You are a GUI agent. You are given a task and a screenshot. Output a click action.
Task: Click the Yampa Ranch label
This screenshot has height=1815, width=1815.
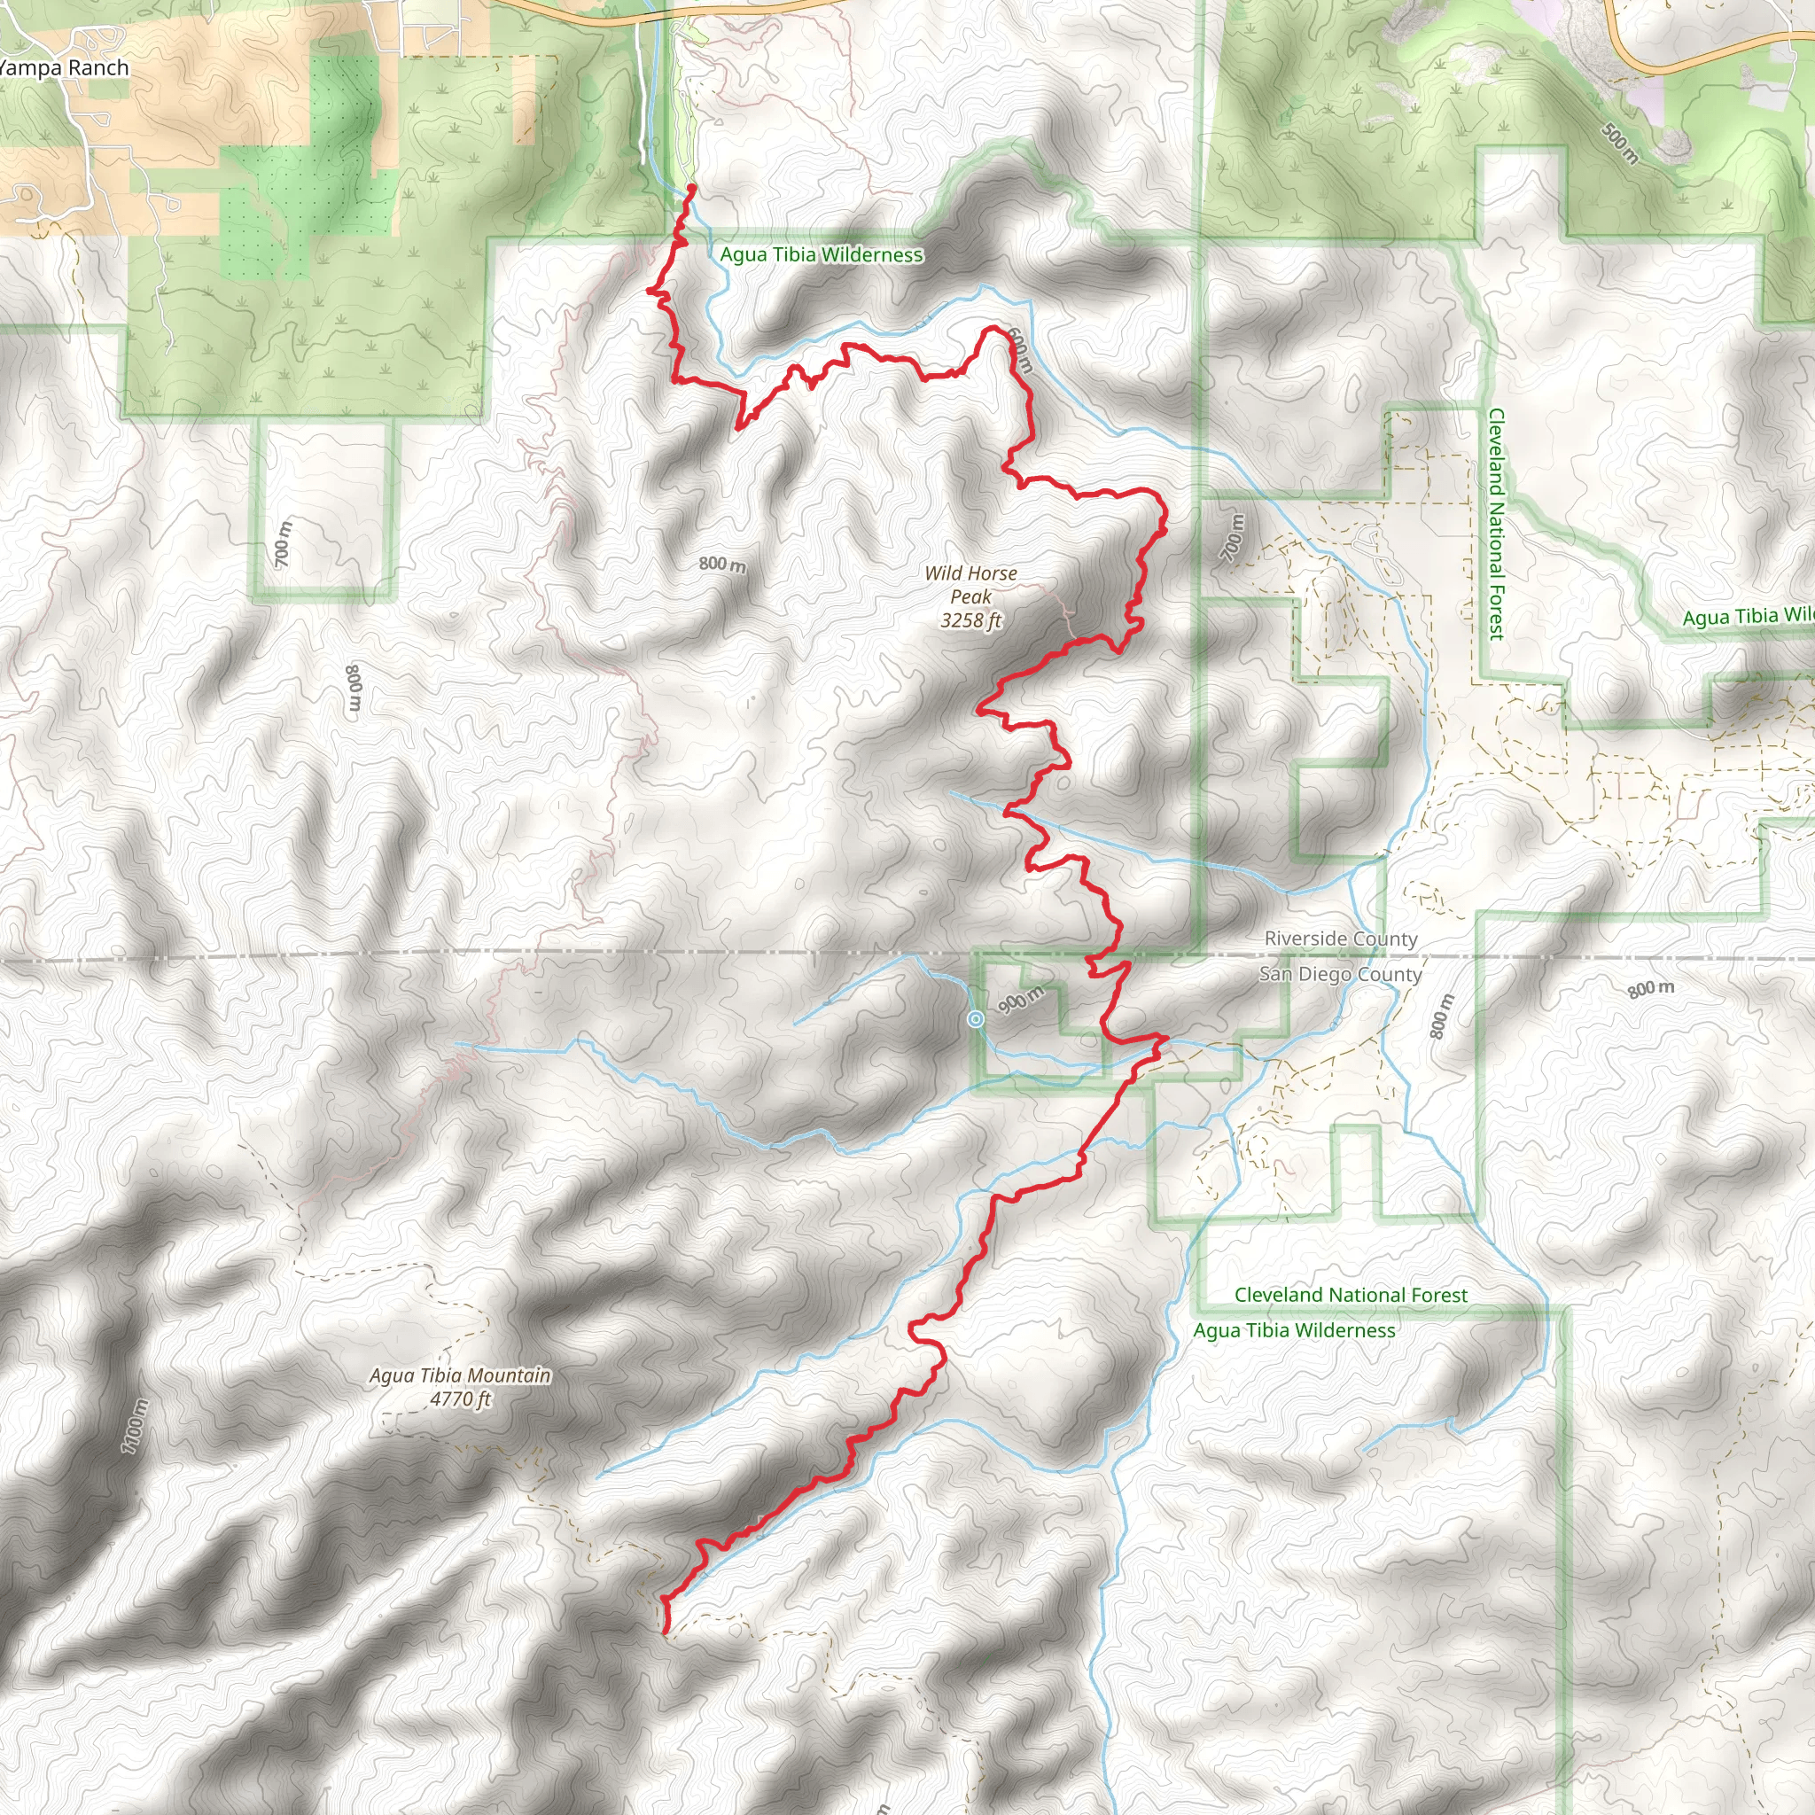(x=64, y=67)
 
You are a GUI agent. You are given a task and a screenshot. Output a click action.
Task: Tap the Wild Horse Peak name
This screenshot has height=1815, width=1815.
(x=970, y=584)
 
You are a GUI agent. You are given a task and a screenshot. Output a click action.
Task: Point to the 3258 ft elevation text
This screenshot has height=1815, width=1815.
(x=970, y=620)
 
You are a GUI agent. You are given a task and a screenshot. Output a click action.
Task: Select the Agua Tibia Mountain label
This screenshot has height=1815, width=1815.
(x=459, y=1375)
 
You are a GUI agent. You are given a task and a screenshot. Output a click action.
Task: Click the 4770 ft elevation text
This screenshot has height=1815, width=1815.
(x=460, y=1398)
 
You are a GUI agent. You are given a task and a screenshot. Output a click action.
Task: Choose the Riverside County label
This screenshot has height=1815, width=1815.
(x=1341, y=939)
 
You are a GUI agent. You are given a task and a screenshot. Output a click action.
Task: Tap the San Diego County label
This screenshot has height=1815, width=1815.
(x=1340, y=974)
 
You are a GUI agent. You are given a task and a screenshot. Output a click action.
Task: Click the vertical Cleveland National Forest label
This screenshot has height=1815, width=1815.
(x=1497, y=525)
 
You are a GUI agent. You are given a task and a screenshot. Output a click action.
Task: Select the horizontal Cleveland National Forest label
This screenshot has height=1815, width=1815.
(x=1350, y=1295)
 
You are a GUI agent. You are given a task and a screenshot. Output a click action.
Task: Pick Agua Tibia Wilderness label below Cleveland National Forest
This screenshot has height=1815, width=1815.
(x=1294, y=1330)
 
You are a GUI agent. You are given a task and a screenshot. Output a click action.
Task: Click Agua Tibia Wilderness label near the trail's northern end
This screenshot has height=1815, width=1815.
(x=821, y=254)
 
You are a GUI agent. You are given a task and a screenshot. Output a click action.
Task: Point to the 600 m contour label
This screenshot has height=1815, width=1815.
(x=1020, y=350)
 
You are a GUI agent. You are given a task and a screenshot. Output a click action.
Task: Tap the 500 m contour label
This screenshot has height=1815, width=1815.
(x=1620, y=143)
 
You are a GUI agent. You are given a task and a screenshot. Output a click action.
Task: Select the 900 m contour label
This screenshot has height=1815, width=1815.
(x=1020, y=1000)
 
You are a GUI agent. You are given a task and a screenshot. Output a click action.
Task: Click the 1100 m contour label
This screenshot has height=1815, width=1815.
(x=135, y=1425)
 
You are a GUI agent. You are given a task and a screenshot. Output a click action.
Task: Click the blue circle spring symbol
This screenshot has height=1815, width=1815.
(x=976, y=1019)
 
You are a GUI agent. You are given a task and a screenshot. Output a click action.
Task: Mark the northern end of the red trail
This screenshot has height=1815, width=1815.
(x=692, y=188)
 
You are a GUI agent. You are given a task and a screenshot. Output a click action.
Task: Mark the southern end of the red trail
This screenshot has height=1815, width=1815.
(x=666, y=1632)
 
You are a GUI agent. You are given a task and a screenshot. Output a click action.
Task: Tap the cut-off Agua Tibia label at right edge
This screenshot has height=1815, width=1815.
(x=1747, y=616)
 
